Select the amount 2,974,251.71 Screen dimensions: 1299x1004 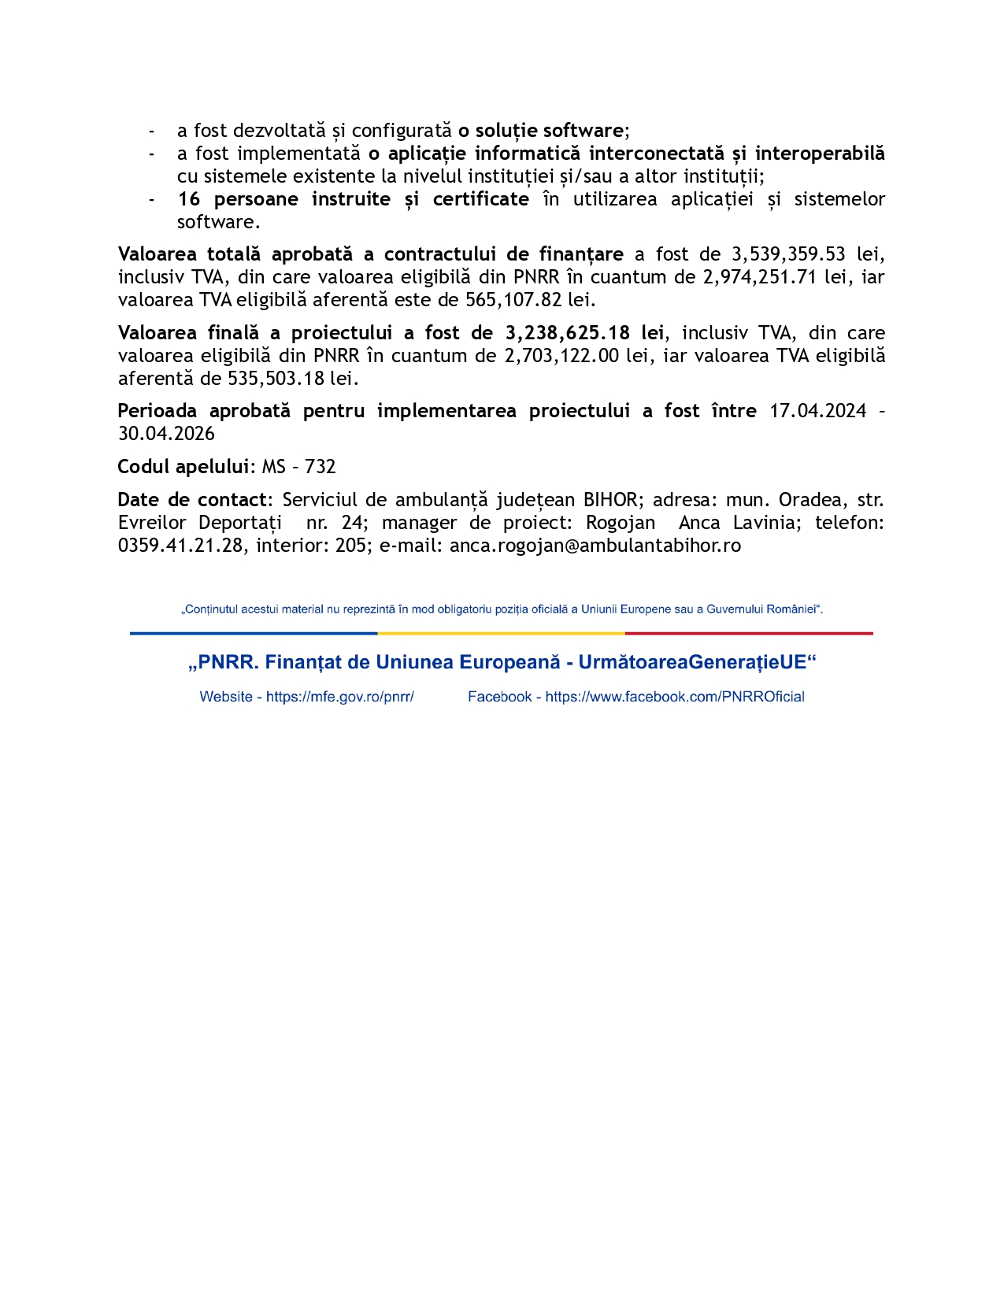[x=760, y=277]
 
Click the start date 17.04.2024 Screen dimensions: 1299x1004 [x=817, y=411]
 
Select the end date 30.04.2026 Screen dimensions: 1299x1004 [x=166, y=434]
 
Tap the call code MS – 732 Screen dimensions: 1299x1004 [x=298, y=467]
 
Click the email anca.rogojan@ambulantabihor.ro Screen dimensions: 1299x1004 [x=595, y=546]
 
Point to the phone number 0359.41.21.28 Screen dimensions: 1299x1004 [x=180, y=546]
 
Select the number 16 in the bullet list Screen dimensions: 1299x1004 [x=189, y=199]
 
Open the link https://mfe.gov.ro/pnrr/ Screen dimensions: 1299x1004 [x=340, y=697]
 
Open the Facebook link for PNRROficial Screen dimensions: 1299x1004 [x=674, y=697]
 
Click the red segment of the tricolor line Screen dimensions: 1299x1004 [x=749, y=633]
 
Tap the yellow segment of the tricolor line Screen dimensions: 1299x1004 [x=501, y=633]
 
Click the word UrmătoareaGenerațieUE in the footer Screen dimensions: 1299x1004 [x=696, y=662]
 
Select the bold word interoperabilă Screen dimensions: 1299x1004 [x=820, y=154]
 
